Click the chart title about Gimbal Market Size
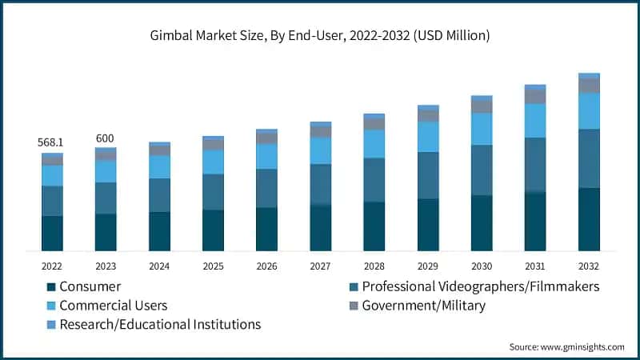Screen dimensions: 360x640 point(320,35)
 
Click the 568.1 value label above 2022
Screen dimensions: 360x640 point(51,142)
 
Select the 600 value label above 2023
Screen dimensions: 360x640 point(105,138)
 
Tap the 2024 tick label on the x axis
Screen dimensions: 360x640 point(159,266)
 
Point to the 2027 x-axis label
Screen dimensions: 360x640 point(320,266)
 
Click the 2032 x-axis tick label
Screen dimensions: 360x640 point(589,266)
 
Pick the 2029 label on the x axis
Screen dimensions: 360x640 point(428,266)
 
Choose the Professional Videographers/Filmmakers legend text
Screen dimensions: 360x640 point(480,286)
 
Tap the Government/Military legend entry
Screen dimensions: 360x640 point(423,306)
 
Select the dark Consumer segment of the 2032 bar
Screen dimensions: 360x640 point(589,220)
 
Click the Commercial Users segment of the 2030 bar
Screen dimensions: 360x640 point(482,129)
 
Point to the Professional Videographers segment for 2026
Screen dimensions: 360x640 point(266,188)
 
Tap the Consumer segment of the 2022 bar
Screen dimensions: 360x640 point(52,234)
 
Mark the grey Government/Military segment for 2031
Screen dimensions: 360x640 point(535,97)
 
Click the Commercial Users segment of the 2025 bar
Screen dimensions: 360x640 point(213,162)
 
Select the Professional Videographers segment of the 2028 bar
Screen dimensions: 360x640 point(374,180)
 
